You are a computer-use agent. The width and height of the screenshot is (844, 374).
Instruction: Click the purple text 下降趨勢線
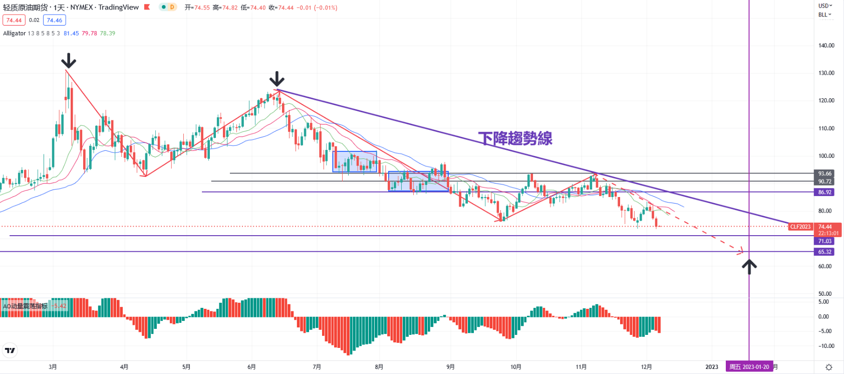(515, 138)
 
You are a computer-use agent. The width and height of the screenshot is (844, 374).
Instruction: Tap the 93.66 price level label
(824, 173)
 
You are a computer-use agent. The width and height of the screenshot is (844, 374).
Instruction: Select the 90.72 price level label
(824, 181)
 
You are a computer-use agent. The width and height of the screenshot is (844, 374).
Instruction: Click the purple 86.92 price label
(824, 192)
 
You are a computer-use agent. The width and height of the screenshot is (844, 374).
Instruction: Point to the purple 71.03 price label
(824, 241)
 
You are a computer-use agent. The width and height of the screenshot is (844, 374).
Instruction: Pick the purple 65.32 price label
(824, 252)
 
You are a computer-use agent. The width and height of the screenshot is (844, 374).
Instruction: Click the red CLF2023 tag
(800, 227)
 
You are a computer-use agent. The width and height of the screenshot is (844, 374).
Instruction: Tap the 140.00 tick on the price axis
(826, 46)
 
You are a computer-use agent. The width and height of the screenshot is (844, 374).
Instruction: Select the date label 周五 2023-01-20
(749, 367)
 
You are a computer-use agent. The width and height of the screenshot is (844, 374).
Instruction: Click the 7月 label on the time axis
(317, 367)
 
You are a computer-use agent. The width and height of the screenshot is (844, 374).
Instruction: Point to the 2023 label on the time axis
(711, 367)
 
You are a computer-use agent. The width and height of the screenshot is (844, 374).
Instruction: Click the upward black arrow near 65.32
(749, 266)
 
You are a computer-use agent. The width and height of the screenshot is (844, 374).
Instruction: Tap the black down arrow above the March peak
(69, 61)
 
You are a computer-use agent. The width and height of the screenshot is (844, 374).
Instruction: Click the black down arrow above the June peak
(276, 79)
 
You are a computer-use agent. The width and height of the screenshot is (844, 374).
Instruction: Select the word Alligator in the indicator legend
(15, 34)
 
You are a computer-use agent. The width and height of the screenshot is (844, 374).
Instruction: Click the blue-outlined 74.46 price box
(55, 21)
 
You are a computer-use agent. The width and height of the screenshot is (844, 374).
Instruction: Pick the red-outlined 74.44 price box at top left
(14, 21)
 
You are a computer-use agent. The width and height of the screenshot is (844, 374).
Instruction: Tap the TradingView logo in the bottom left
(10, 350)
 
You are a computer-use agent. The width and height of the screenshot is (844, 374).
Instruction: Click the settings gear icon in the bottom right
(829, 367)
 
